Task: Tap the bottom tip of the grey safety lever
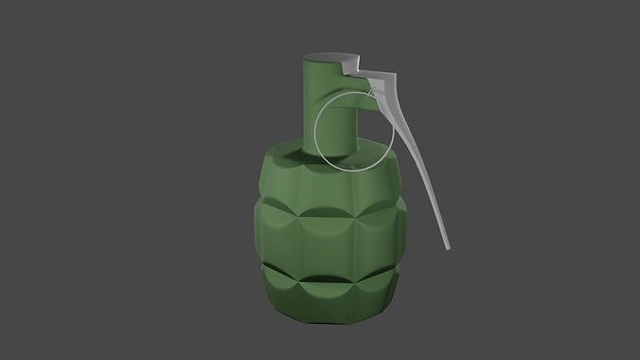coord(445,247)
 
